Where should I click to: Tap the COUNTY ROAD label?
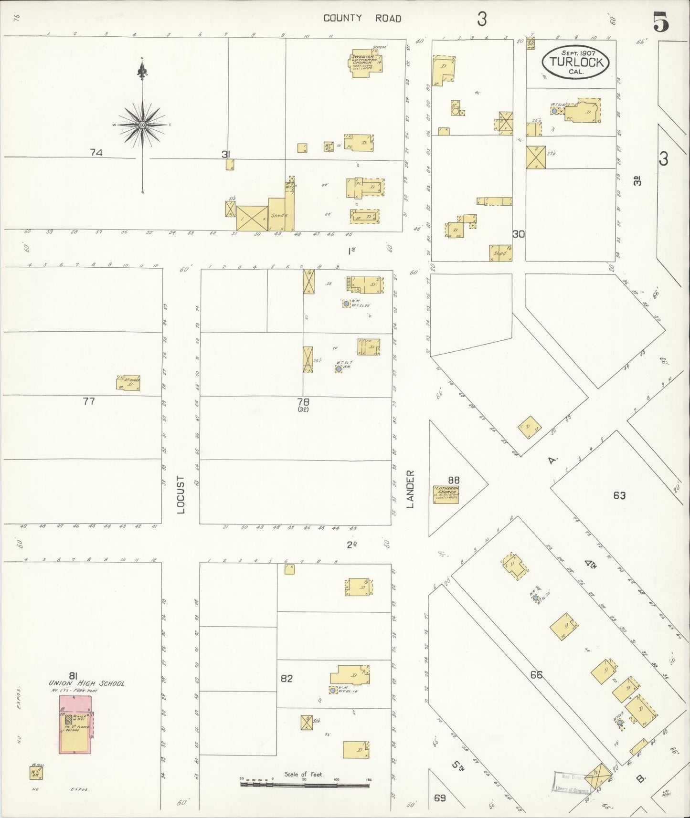coord(362,19)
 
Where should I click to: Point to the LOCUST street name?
coord(180,494)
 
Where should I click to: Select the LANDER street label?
coord(411,488)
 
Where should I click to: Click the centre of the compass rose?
coord(142,125)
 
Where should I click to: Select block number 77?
coord(89,401)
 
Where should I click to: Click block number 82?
coord(287,679)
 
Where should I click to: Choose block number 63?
coord(619,495)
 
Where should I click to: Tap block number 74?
coord(96,153)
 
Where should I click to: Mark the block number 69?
coord(440,797)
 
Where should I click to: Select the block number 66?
coord(536,675)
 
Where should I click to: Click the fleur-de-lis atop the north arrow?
coord(142,72)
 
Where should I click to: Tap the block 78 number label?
coord(303,402)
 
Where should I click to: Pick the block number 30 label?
coord(519,234)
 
